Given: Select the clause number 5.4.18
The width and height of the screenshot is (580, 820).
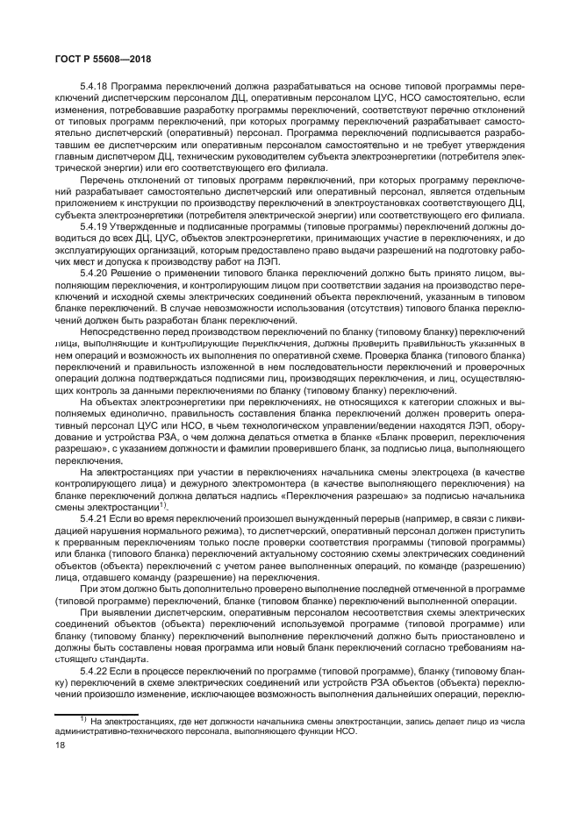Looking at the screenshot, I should tap(95, 87).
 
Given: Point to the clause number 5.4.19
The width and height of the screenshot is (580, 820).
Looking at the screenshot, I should tap(95, 226).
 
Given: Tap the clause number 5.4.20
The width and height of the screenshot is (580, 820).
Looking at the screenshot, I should tap(95, 273).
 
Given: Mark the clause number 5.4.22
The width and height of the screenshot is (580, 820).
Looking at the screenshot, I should tap(95, 670).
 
